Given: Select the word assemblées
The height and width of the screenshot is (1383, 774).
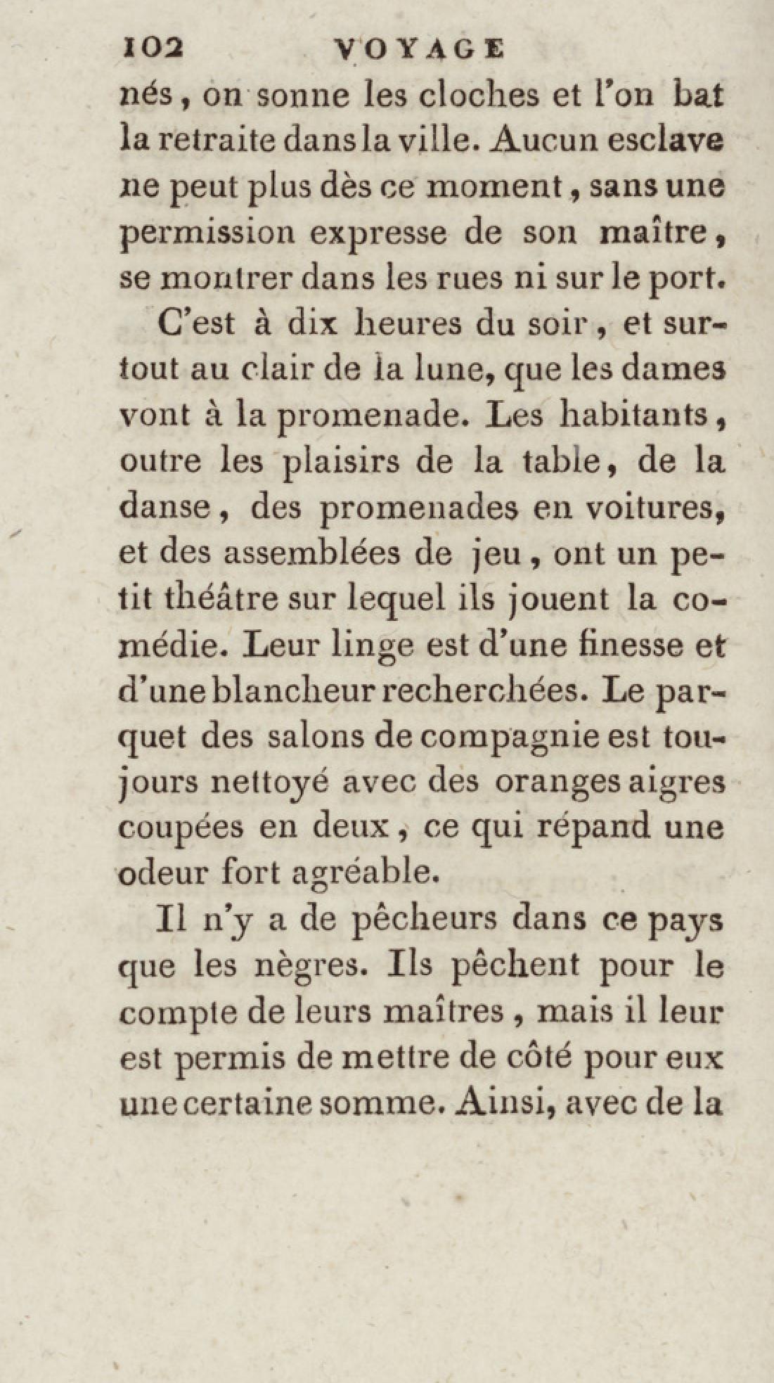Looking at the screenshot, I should pos(337,553).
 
